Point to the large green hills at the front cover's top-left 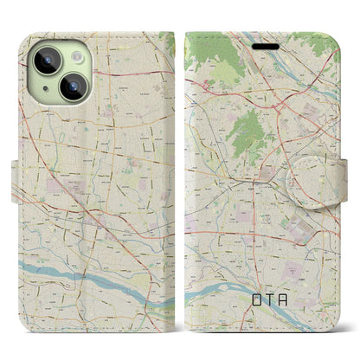212,65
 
